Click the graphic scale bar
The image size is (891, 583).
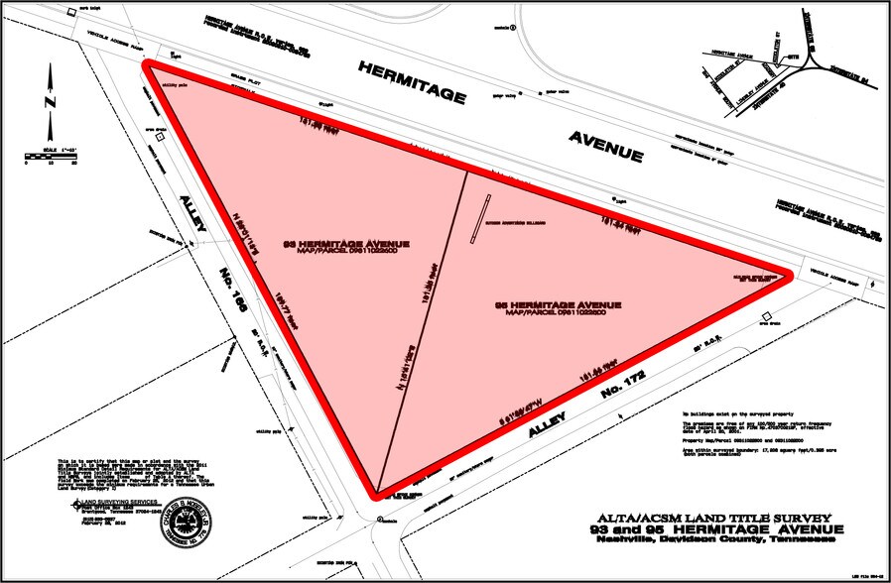pyautogui.click(x=51, y=157)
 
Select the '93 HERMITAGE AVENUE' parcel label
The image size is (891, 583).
pyautogui.click(x=346, y=243)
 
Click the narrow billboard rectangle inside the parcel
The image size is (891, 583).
pyautogui.click(x=480, y=217)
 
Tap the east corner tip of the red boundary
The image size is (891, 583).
pyautogui.click(x=791, y=277)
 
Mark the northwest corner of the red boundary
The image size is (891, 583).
pyautogui.click(x=150, y=66)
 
